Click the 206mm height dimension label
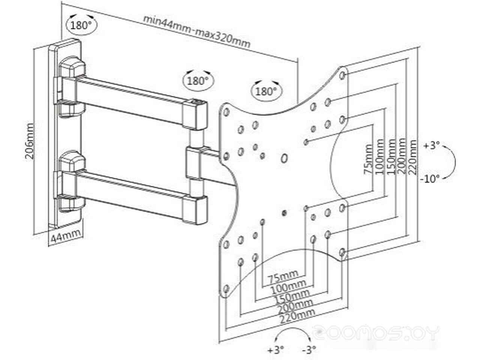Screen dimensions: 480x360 tap(30, 141)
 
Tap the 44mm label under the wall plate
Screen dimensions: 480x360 tap(65, 236)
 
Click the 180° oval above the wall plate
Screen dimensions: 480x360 tap(81, 25)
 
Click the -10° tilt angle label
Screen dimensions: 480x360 tap(429, 179)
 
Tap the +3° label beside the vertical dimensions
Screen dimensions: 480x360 tap(431, 145)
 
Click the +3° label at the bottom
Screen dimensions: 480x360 tap(276, 350)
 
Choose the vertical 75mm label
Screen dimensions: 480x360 tap(368, 159)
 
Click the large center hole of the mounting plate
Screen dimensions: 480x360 tap(284, 158)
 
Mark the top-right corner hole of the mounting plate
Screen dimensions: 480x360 tap(342, 76)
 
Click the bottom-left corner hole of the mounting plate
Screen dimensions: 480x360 tap(226, 289)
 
